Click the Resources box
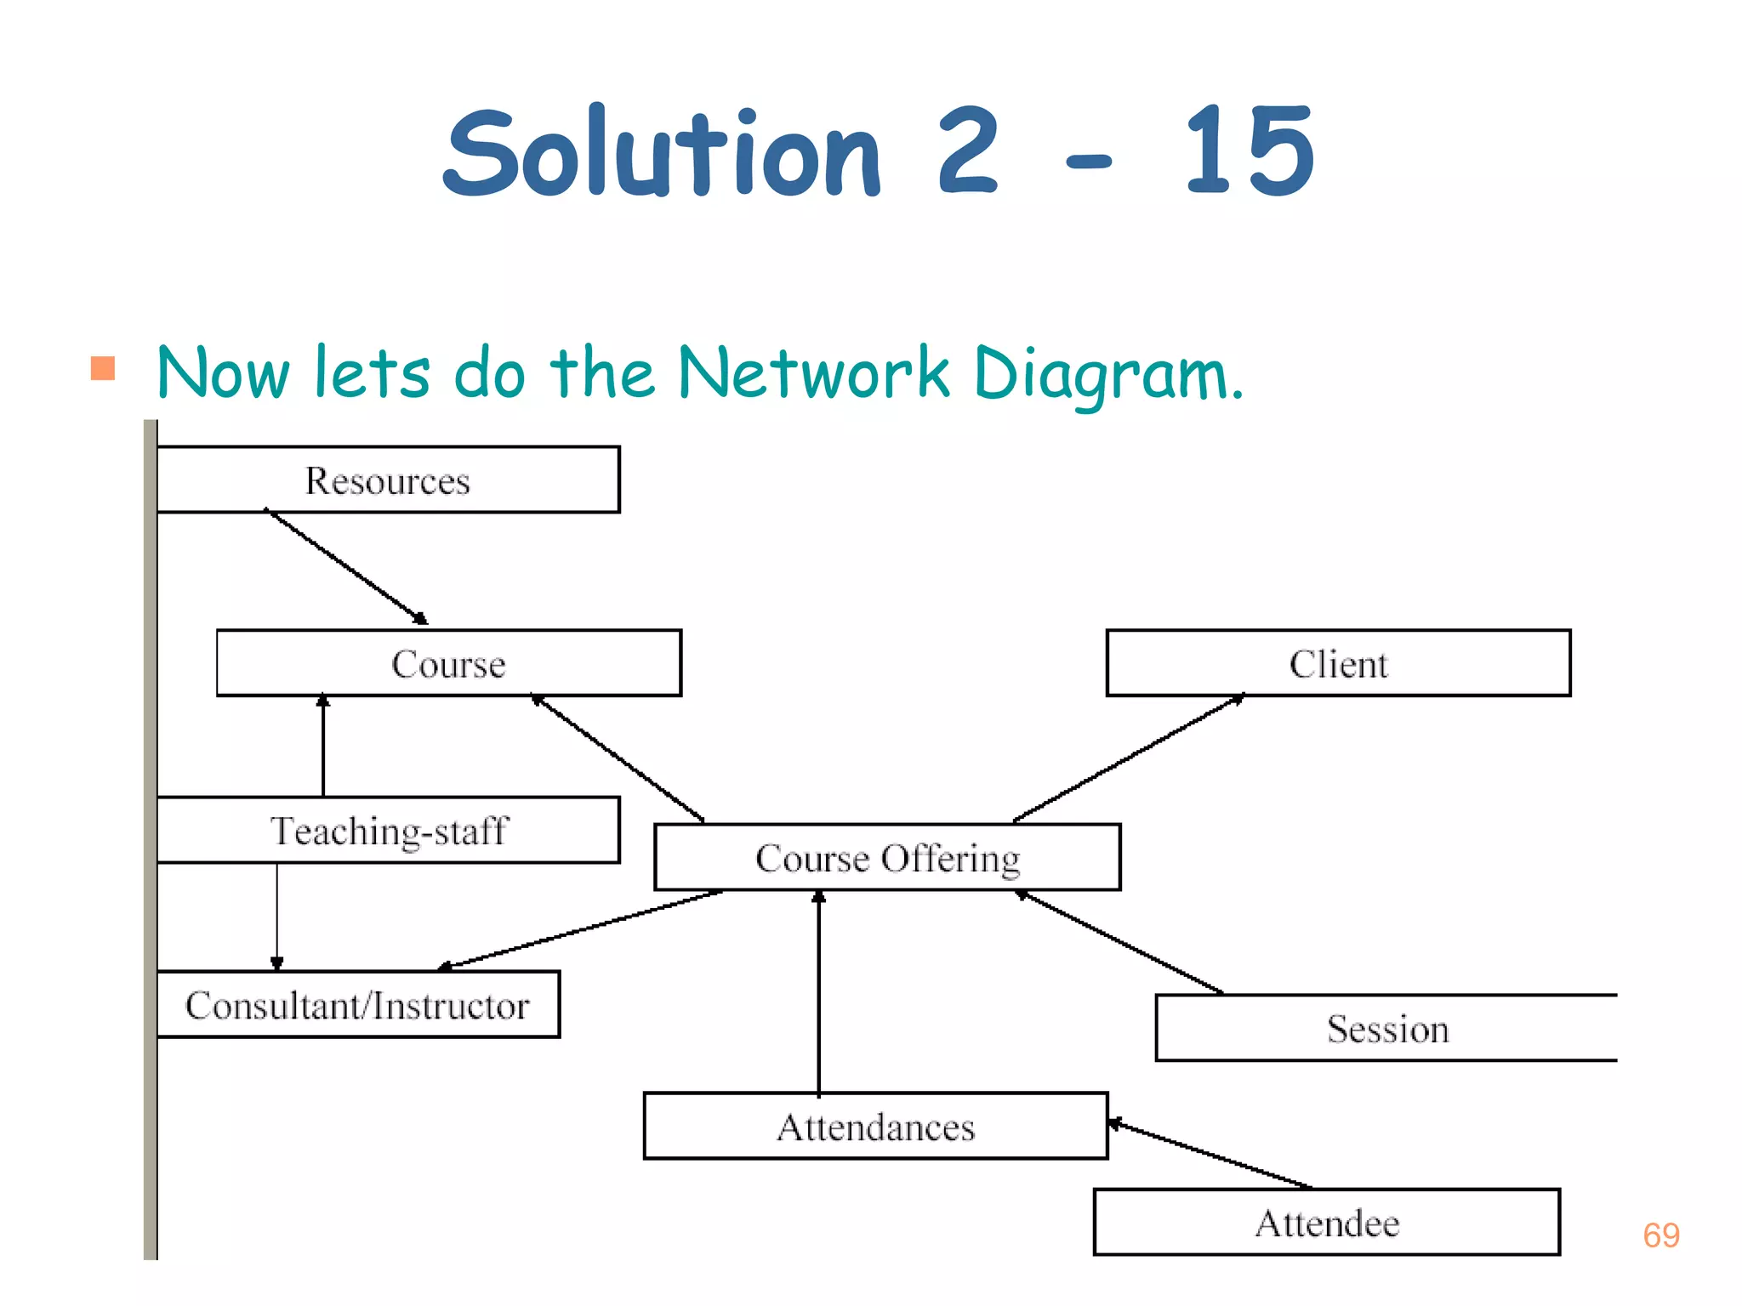(x=388, y=480)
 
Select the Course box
(x=449, y=663)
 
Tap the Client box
(x=1338, y=663)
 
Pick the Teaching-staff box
(x=389, y=831)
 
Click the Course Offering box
(x=887, y=858)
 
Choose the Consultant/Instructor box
(x=358, y=1005)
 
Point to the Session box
(x=1386, y=1029)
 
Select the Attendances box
(x=875, y=1127)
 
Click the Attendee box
(x=1326, y=1223)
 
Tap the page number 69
(x=1660, y=1235)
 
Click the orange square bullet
(x=103, y=368)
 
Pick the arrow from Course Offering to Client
(x=1129, y=758)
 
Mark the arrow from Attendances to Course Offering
(x=819, y=991)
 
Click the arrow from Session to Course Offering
(x=1121, y=942)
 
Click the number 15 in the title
(x=1249, y=151)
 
